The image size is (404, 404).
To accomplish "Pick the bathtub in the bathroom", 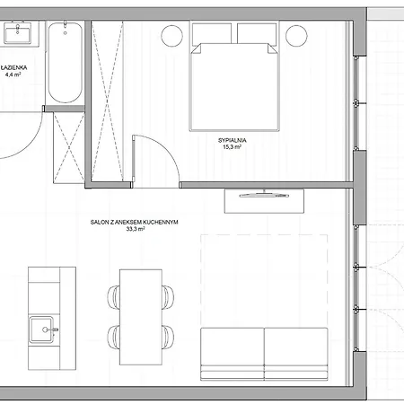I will click(64, 63).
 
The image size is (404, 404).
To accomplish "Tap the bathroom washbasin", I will click(16, 34).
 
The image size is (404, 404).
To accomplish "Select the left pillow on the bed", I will click(213, 34).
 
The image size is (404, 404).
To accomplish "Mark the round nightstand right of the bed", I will click(297, 38).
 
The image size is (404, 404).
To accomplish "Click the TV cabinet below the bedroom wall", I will click(267, 200).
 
